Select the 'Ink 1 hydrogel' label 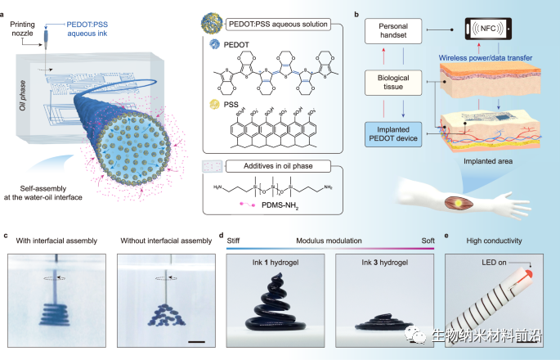pyautogui.click(x=274, y=264)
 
